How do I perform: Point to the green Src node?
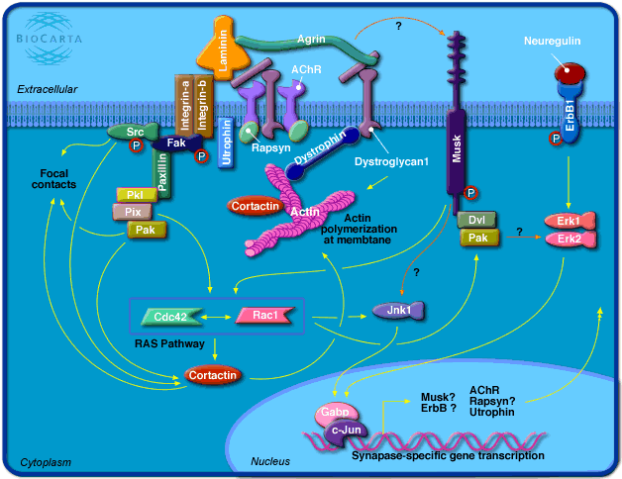tap(126, 131)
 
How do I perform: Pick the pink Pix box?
tap(132, 211)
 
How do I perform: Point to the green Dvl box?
tap(475, 220)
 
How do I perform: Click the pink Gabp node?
tap(334, 411)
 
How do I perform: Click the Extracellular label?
tap(47, 90)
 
